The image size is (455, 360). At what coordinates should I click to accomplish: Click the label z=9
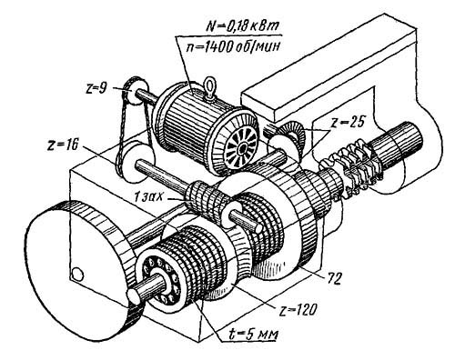(96, 89)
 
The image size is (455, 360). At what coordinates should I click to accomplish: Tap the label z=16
(62, 145)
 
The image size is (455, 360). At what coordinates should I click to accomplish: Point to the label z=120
(298, 309)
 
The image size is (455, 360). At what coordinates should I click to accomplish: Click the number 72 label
(333, 278)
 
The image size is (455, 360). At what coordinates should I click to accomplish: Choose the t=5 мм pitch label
(254, 335)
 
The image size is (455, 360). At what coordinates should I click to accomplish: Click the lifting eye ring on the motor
(208, 85)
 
